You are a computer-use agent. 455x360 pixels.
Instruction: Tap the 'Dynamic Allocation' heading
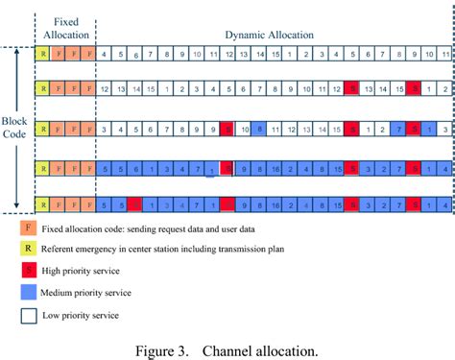coord(269,35)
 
